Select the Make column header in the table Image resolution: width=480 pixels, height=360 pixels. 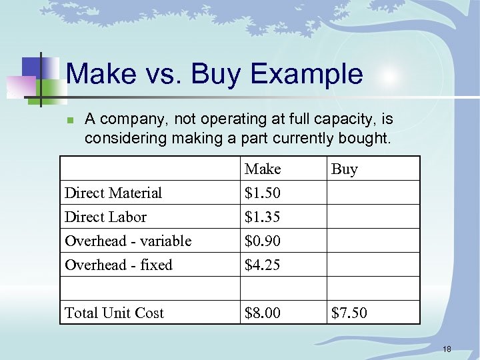click(263, 169)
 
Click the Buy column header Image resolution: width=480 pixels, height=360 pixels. click(345, 169)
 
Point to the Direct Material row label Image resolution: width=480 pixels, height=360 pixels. click(113, 193)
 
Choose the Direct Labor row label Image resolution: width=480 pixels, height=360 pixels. click(105, 217)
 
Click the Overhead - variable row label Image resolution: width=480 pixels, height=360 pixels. click(128, 241)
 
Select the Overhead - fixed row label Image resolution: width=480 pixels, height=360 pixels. click(119, 265)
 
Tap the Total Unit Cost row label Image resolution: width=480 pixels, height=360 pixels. click(114, 313)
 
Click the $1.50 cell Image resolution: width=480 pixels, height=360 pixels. click(263, 193)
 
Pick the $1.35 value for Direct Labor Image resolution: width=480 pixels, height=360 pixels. click(263, 217)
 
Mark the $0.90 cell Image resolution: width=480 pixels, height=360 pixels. click(263, 241)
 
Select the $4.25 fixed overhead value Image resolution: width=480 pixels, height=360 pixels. click(263, 265)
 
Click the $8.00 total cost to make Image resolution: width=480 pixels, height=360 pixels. click(263, 313)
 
